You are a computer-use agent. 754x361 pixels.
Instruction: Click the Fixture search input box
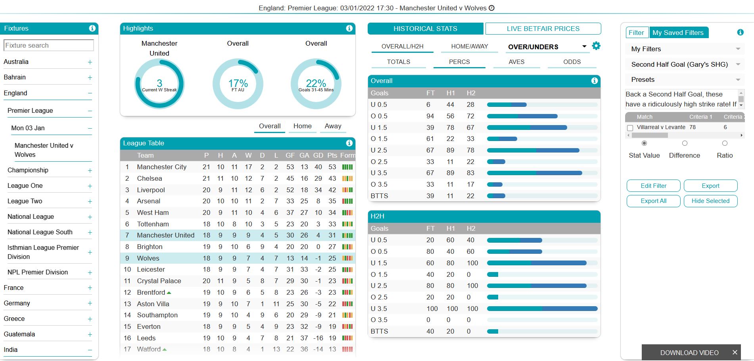point(48,45)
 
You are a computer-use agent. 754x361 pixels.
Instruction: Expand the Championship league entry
point(90,170)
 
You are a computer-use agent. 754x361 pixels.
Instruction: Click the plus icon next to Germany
point(90,303)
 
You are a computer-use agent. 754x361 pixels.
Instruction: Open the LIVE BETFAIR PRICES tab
point(543,29)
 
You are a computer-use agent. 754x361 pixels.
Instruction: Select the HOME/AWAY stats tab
point(469,46)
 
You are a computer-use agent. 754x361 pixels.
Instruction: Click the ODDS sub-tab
point(572,62)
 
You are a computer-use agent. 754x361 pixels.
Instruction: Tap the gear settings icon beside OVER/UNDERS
point(596,46)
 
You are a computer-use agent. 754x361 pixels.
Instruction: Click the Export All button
point(653,201)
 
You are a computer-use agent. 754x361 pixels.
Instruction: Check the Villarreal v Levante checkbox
point(630,128)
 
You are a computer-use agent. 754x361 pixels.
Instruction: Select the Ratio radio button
point(724,143)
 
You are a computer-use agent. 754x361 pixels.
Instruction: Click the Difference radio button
point(684,143)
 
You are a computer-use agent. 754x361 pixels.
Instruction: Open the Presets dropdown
point(685,79)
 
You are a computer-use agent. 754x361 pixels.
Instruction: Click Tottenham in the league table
point(153,224)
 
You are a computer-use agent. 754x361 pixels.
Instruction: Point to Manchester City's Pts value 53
point(332,167)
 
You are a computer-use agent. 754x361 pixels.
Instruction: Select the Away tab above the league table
point(333,126)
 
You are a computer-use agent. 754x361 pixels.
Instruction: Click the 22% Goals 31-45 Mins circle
point(316,84)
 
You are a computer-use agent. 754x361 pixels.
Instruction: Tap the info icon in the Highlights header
point(349,28)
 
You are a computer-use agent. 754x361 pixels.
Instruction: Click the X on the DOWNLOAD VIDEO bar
point(735,352)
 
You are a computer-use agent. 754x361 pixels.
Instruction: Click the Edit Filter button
point(653,186)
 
